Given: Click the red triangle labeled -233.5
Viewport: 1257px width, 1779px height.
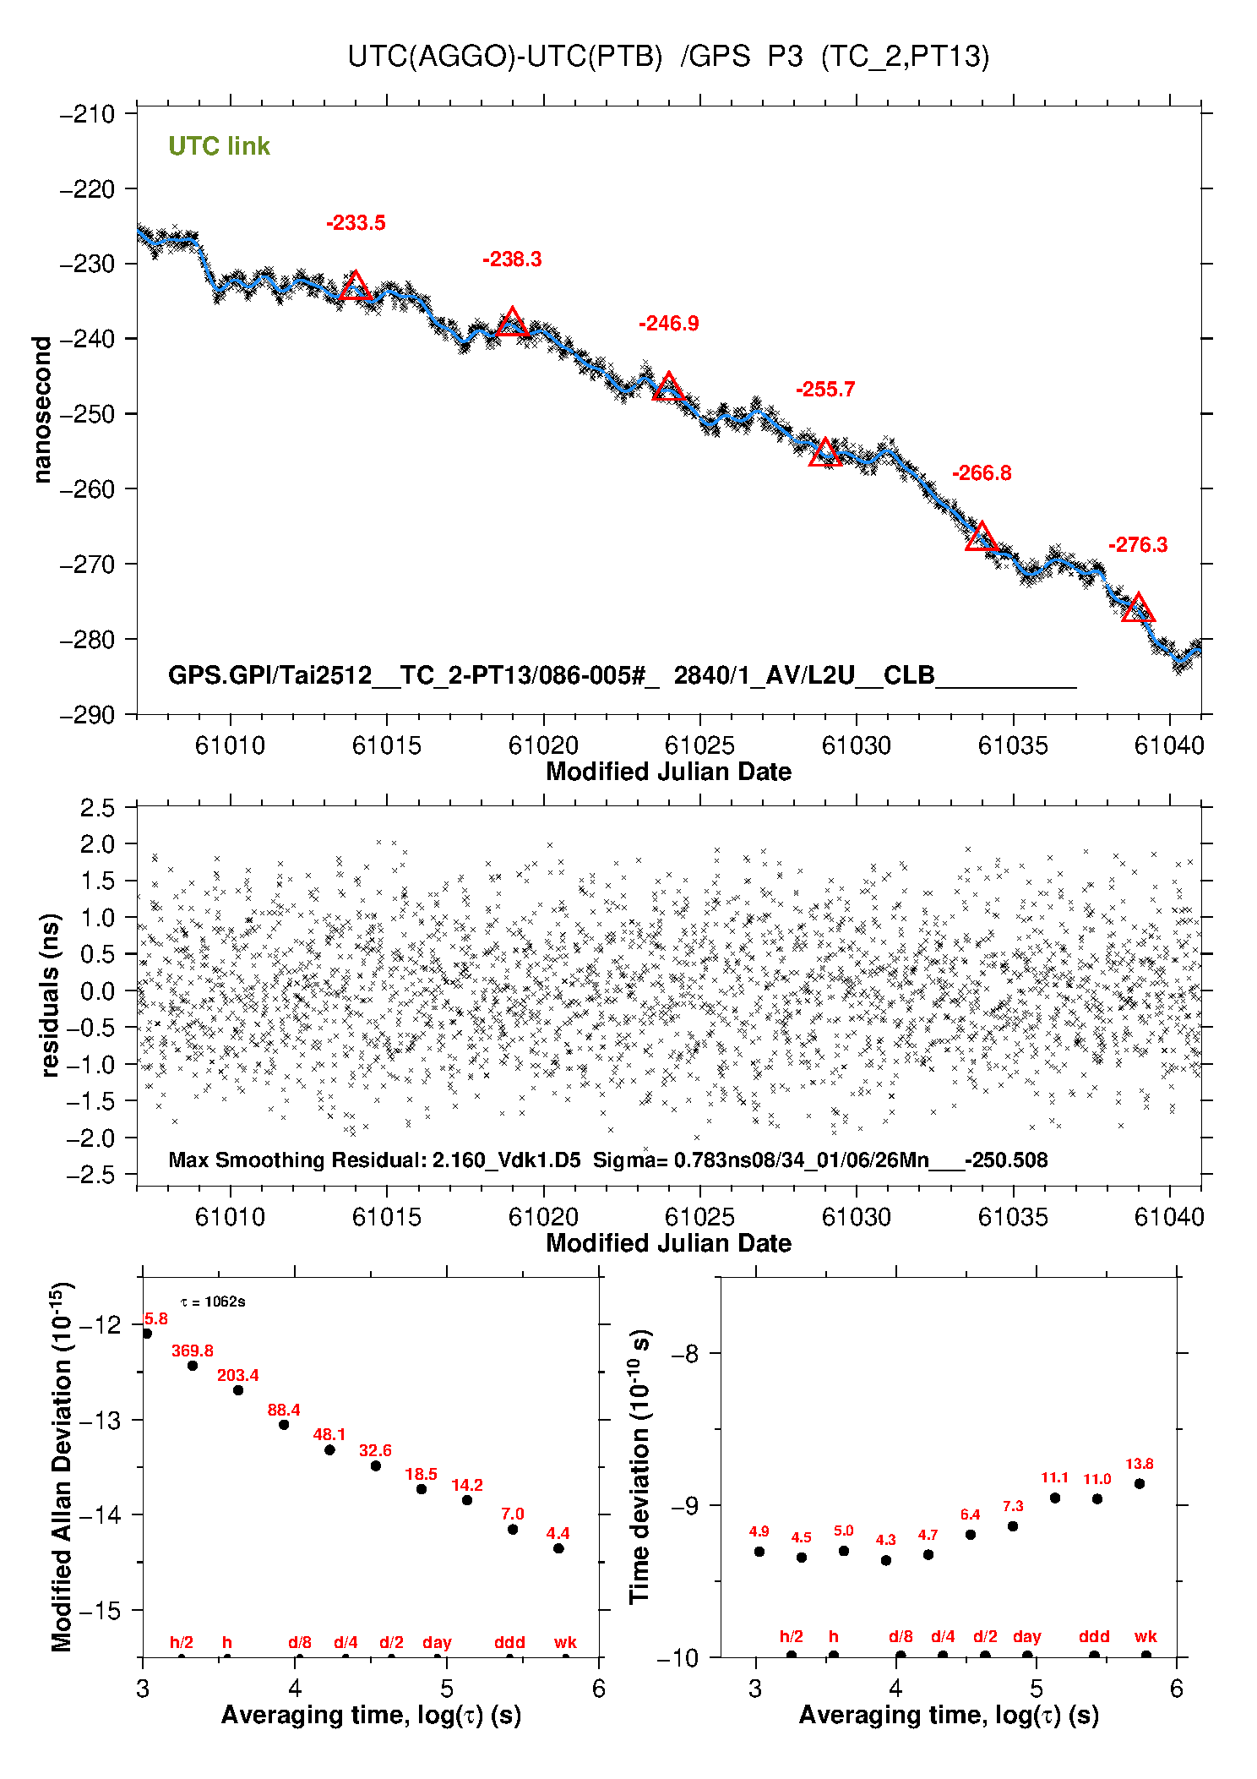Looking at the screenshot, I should (x=355, y=287).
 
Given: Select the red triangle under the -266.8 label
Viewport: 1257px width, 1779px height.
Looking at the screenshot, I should (x=981, y=538).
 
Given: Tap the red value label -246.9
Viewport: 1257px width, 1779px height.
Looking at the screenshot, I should (x=668, y=324).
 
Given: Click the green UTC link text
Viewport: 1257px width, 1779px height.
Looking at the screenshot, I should (x=219, y=146).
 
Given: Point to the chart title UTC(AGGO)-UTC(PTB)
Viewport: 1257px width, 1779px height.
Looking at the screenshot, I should (x=505, y=57).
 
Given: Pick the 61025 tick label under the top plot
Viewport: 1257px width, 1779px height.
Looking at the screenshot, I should (x=699, y=745).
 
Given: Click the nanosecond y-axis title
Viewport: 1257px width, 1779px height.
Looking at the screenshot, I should (x=41, y=410).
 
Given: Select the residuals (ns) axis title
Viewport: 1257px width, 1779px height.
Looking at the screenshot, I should (x=50, y=995).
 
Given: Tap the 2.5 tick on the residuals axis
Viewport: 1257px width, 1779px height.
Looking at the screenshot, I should (x=97, y=808).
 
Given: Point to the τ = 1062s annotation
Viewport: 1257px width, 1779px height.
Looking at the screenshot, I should (x=213, y=1302).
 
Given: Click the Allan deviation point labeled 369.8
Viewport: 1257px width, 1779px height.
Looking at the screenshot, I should (x=193, y=1366).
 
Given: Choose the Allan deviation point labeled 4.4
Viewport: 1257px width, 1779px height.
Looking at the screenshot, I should (x=558, y=1548).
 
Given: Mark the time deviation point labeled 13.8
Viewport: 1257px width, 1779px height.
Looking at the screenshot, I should (x=1140, y=1483).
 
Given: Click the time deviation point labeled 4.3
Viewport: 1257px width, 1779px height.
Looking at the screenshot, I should (x=886, y=1560).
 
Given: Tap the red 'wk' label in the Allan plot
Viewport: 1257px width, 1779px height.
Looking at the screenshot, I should (x=565, y=1642).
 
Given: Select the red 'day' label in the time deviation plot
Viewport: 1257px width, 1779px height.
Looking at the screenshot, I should (x=1027, y=1636).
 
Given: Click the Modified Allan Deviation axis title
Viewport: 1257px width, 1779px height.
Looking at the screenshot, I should (x=62, y=1466).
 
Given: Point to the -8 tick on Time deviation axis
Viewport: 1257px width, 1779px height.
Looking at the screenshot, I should (x=684, y=1354).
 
